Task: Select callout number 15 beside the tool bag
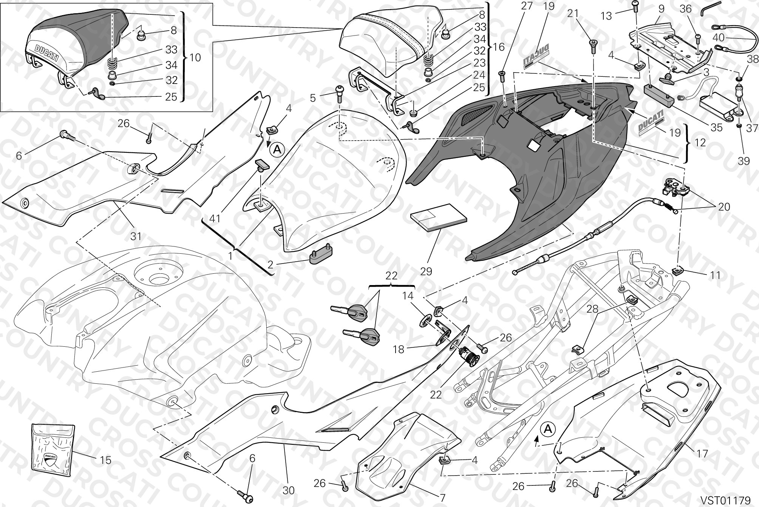point(106,460)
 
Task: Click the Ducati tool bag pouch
point(53,450)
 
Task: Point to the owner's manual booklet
point(439,218)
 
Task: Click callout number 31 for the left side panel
point(136,236)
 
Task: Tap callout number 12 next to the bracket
point(700,143)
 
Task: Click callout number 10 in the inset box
point(196,57)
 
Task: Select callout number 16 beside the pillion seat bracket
point(499,47)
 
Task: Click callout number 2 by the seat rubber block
point(270,265)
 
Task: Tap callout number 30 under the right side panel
point(288,490)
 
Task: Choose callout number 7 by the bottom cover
point(442,498)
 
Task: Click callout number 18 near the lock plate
point(399,349)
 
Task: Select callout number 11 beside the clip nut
point(715,275)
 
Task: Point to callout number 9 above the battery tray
point(661,7)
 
